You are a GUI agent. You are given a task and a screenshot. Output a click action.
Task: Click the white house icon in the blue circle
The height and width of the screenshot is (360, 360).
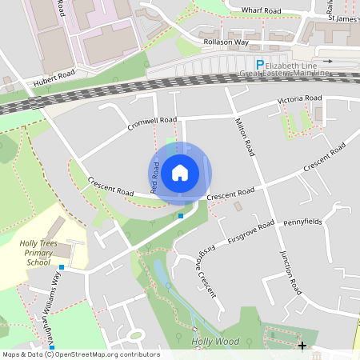(x=180, y=172)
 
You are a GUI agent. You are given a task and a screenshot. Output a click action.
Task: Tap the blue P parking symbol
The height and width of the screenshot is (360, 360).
(x=258, y=65)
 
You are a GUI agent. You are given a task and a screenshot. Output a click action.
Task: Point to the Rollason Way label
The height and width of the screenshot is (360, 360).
(x=226, y=42)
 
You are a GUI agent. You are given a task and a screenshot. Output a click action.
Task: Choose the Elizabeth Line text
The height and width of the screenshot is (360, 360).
(x=297, y=65)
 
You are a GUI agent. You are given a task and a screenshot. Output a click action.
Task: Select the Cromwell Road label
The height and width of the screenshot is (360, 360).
(x=151, y=124)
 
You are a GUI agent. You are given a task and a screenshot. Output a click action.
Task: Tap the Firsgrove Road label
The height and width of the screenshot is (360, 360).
(x=250, y=230)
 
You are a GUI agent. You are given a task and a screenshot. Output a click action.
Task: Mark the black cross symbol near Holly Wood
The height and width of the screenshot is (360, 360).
(x=302, y=345)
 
